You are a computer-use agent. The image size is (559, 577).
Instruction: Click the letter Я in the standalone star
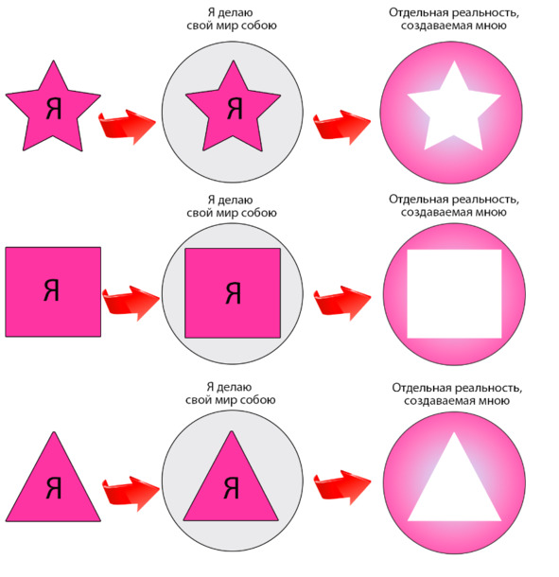pyautogui.click(x=54, y=109)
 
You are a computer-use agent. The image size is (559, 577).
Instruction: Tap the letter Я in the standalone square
pyautogui.click(x=51, y=289)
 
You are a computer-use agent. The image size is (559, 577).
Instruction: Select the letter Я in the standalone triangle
pyautogui.click(x=54, y=488)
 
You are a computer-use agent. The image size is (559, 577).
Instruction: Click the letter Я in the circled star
pyautogui.click(x=235, y=109)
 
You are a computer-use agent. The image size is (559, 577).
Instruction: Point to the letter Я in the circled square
pyautogui.click(x=233, y=293)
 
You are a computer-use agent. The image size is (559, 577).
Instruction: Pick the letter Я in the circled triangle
pyautogui.click(x=232, y=488)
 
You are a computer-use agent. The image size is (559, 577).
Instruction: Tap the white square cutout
pyautogui.click(x=454, y=294)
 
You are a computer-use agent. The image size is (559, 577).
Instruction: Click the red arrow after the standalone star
pyautogui.click(x=127, y=126)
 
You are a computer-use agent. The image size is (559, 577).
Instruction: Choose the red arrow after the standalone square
pyautogui.click(x=131, y=303)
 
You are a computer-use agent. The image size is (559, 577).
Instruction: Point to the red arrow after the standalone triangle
pyautogui.click(x=131, y=494)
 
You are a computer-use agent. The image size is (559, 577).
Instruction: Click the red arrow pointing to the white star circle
pyautogui.click(x=341, y=127)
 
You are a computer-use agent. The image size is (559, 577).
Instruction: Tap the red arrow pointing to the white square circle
pyautogui.click(x=342, y=303)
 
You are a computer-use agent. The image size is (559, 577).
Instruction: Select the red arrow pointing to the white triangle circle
pyautogui.click(x=342, y=487)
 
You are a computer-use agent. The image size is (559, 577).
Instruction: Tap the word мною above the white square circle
pyautogui.click(x=490, y=212)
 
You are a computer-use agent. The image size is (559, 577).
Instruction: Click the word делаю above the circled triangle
pyautogui.click(x=235, y=387)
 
